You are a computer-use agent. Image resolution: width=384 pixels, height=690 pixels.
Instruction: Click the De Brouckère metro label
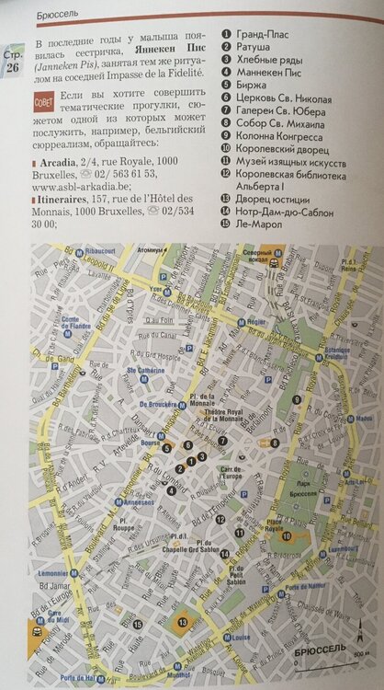point(162,402)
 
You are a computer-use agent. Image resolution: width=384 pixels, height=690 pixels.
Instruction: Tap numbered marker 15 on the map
point(136,625)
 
